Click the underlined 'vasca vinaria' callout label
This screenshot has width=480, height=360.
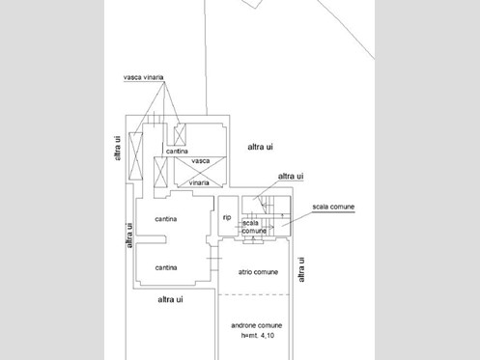pyautogui.click(x=144, y=77)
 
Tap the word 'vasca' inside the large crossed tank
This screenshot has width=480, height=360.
pyautogui.click(x=201, y=161)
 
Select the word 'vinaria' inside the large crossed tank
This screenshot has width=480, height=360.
pyautogui.click(x=199, y=182)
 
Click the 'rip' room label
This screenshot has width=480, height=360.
pyautogui.click(x=227, y=217)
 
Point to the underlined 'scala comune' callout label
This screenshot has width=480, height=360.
pyautogui.click(x=333, y=207)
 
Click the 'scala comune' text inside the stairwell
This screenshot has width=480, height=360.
pyautogui.click(x=254, y=227)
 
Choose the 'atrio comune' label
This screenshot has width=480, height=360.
pyautogui.click(x=258, y=272)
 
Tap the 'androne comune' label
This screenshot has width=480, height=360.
pyautogui.click(x=257, y=325)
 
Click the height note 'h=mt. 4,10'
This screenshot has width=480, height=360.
pyautogui.click(x=258, y=336)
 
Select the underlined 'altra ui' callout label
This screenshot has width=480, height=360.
pyautogui.click(x=291, y=177)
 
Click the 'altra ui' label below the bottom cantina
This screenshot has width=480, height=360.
pyautogui.click(x=170, y=299)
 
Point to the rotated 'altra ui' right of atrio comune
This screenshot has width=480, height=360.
pyautogui.click(x=301, y=269)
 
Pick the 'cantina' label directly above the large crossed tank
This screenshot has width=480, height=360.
pyautogui.click(x=177, y=152)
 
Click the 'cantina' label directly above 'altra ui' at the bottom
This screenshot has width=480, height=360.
pyautogui.click(x=166, y=267)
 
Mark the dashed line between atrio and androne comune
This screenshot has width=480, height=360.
pyautogui.click(x=254, y=294)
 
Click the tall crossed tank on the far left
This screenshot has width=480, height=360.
pyautogui.click(x=135, y=156)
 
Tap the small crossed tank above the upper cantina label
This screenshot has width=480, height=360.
pyautogui.click(x=180, y=134)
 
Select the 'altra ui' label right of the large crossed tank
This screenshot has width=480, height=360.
pyautogui.click(x=260, y=147)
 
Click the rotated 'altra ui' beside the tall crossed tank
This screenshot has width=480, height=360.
pyautogui.click(x=118, y=148)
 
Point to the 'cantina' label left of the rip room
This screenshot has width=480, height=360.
pyautogui.click(x=166, y=219)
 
